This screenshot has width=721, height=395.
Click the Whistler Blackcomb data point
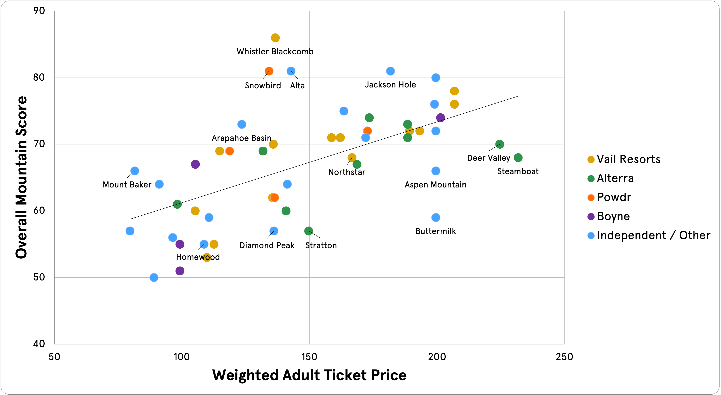pyautogui.click(x=275, y=38)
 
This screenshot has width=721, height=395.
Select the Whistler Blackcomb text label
pyautogui.click(x=275, y=52)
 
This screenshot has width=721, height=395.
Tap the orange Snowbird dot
pyautogui.click(x=269, y=71)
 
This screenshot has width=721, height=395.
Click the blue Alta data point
pyautogui.click(x=291, y=71)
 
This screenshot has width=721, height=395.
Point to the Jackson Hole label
pyautogui.click(x=390, y=85)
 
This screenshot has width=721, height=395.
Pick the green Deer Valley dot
pyautogui.click(x=500, y=144)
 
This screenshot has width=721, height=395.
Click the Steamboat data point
pyautogui.click(x=518, y=158)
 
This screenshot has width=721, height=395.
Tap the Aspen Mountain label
pyautogui.click(x=435, y=185)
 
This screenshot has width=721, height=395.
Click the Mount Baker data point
pyautogui.click(x=135, y=171)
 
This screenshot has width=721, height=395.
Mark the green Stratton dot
pyautogui.click(x=308, y=231)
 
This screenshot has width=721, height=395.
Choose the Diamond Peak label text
pyautogui.click(x=267, y=245)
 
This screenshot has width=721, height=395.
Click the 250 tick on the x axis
pyautogui.click(x=564, y=357)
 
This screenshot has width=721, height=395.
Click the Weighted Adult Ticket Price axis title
pyautogui.click(x=309, y=375)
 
